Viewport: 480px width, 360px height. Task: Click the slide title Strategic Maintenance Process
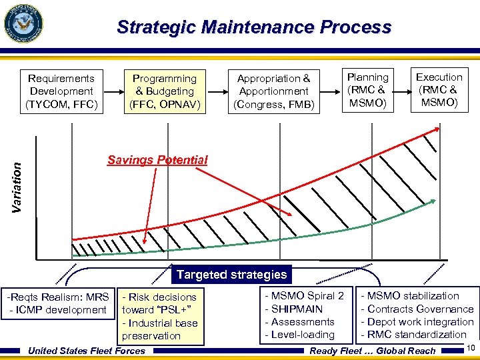tap(253, 27)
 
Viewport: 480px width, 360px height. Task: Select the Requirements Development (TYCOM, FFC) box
tap(61, 91)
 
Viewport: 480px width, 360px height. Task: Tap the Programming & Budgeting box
tap(164, 91)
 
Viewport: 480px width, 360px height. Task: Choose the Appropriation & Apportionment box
tap(273, 91)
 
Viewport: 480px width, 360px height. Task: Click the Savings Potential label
tap(157, 160)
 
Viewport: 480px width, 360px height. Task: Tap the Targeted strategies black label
tap(231, 275)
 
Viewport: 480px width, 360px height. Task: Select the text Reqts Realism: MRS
tap(58, 297)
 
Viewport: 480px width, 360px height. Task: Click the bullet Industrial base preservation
tap(159, 329)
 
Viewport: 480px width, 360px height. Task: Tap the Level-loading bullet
tap(299, 335)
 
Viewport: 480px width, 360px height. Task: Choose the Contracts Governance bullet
tap(417, 309)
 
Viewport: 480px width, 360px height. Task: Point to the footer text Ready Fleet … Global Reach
tap(373, 351)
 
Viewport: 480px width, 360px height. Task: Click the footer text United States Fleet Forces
tap(87, 351)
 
